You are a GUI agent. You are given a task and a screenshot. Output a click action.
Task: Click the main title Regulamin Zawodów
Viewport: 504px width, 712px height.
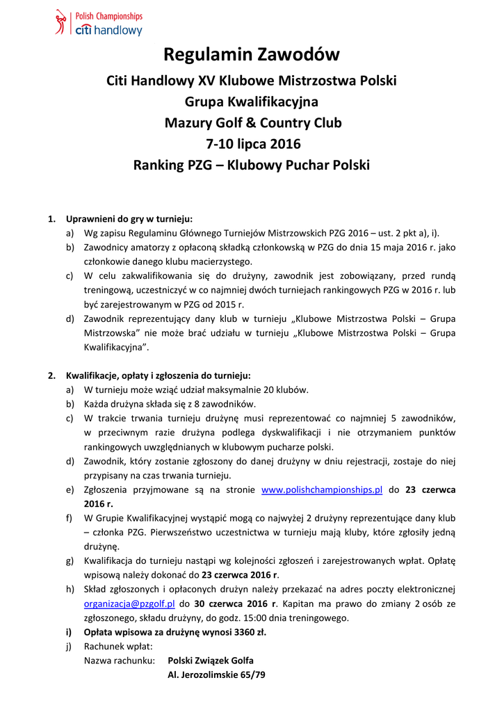click(x=252, y=54)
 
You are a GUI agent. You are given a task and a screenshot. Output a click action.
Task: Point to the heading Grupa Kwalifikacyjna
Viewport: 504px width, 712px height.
click(x=252, y=102)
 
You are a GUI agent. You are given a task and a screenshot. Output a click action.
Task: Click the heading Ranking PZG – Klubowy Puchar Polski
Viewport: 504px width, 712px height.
click(x=252, y=165)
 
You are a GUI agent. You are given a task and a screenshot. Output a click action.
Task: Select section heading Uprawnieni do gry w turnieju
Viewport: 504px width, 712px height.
click(x=129, y=219)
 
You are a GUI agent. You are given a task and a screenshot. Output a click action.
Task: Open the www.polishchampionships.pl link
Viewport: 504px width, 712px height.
click(x=322, y=489)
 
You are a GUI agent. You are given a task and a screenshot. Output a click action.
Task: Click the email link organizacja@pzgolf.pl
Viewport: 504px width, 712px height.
click(x=129, y=604)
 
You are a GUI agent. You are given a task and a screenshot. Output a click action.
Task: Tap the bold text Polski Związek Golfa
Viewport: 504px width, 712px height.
click(x=211, y=660)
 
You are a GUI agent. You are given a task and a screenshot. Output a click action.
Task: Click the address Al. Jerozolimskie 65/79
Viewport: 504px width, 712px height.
click(x=216, y=674)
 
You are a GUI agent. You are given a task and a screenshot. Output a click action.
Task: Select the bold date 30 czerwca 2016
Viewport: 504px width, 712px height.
click(x=233, y=604)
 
